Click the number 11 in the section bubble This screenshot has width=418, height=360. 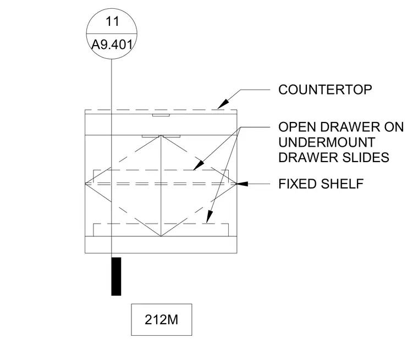[x=112, y=21]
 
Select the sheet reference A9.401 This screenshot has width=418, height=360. [x=112, y=45]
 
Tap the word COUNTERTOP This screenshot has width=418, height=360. [x=325, y=90]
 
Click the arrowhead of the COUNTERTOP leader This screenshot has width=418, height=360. [x=223, y=104]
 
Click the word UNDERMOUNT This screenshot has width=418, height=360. [x=327, y=142]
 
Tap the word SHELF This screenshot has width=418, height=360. [x=342, y=184]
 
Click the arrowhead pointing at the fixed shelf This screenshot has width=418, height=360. [x=242, y=184]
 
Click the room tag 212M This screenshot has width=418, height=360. [x=161, y=319]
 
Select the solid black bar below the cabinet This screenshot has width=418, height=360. [x=116, y=276]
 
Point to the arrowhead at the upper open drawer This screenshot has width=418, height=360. [x=199, y=165]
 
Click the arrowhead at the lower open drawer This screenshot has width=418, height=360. [x=210, y=217]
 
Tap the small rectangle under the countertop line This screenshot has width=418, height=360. [x=161, y=115]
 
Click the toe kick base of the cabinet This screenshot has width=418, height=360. [x=161, y=245]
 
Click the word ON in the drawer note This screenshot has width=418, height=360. [x=394, y=127]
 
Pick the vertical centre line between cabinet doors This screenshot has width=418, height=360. [x=161, y=186]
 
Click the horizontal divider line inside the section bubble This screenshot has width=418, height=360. [x=112, y=34]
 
